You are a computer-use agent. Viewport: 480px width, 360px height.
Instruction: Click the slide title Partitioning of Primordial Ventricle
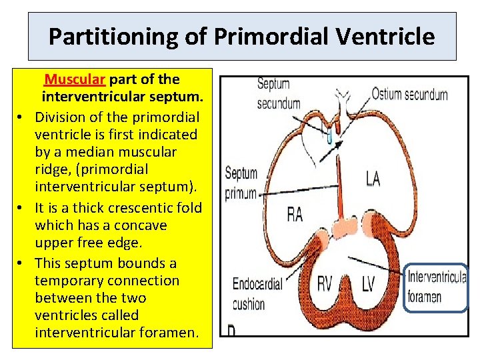[241, 36]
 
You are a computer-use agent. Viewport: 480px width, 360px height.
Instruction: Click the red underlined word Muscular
[75, 80]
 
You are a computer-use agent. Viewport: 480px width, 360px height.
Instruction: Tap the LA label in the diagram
[374, 178]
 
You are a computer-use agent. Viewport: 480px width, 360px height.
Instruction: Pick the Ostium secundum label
[409, 94]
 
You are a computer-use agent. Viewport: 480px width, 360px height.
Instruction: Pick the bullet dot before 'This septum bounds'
[21, 263]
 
